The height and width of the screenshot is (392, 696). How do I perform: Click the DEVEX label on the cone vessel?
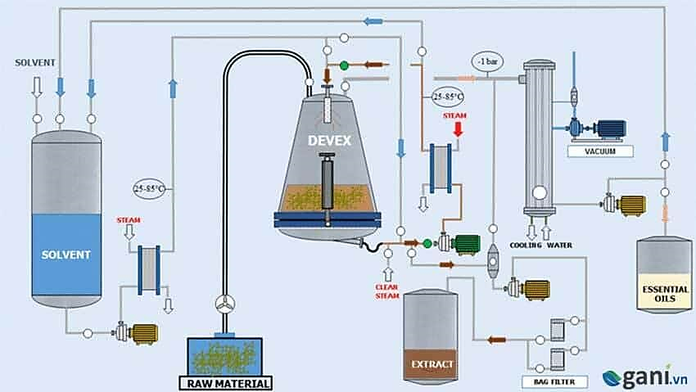(x=329, y=141)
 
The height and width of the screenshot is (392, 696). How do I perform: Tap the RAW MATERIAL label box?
(x=224, y=382)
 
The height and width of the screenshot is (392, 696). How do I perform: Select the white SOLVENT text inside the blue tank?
(x=66, y=254)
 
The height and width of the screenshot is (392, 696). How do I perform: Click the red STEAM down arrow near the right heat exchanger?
(x=457, y=129)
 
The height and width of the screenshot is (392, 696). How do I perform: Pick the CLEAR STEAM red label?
(x=386, y=291)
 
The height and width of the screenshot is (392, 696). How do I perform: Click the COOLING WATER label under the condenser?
(x=540, y=245)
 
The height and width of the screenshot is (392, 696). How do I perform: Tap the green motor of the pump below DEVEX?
(x=466, y=243)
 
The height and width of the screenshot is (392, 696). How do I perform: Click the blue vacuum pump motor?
(x=608, y=128)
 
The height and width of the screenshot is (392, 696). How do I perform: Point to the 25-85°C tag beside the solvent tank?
(x=148, y=189)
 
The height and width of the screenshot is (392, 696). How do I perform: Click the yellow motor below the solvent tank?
(x=144, y=332)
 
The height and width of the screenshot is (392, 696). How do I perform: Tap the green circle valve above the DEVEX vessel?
(x=344, y=65)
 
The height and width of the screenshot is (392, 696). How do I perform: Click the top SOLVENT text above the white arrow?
(x=35, y=62)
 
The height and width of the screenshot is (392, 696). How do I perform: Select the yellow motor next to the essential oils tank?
(x=631, y=205)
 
